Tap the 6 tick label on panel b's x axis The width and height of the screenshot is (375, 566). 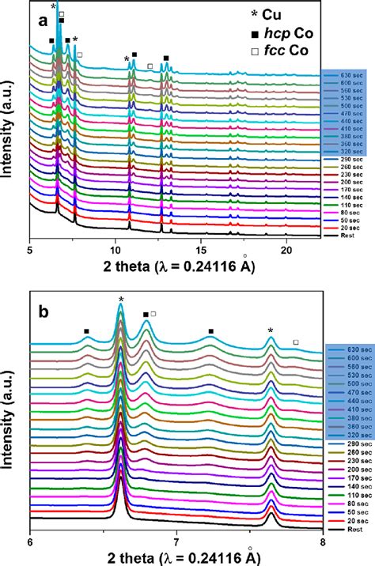tap(30, 542)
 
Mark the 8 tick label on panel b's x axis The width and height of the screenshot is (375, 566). tap(322, 542)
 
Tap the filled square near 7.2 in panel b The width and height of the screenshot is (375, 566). tap(211, 331)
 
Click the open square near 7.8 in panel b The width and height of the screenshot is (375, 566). tap(296, 342)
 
